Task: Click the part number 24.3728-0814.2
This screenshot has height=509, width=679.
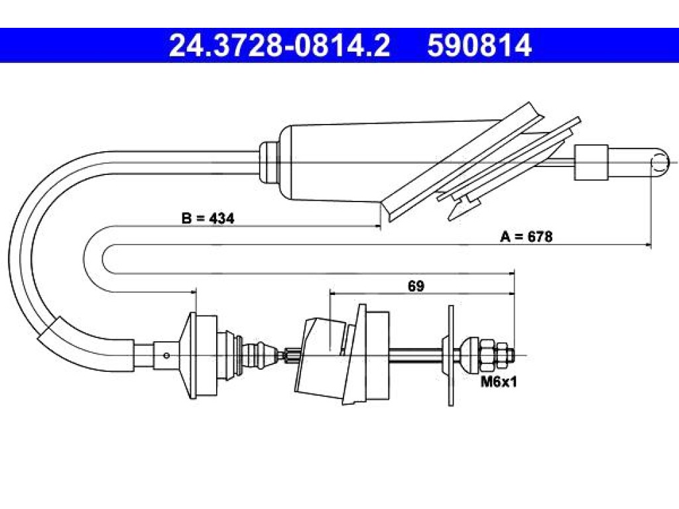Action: click(x=280, y=46)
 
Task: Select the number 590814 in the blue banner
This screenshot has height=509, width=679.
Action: click(x=479, y=46)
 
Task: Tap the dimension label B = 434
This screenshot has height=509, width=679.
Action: click(x=208, y=218)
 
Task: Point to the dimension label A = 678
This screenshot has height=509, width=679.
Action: click(x=526, y=237)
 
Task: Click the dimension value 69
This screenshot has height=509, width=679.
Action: click(x=416, y=286)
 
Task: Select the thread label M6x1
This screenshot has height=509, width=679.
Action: click(x=499, y=382)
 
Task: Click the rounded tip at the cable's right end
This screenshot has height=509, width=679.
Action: click(x=660, y=163)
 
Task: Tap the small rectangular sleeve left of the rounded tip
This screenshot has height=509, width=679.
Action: click(x=591, y=162)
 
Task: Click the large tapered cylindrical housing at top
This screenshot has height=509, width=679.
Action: click(x=338, y=162)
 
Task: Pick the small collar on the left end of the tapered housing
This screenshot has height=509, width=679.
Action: click(x=269, y=163)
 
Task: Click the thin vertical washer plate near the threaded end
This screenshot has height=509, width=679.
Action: click(x=451, y=355)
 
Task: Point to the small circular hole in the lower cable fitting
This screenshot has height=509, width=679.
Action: click(x=166, y=355)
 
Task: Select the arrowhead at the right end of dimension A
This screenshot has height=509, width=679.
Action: click(x=648, y=245)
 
